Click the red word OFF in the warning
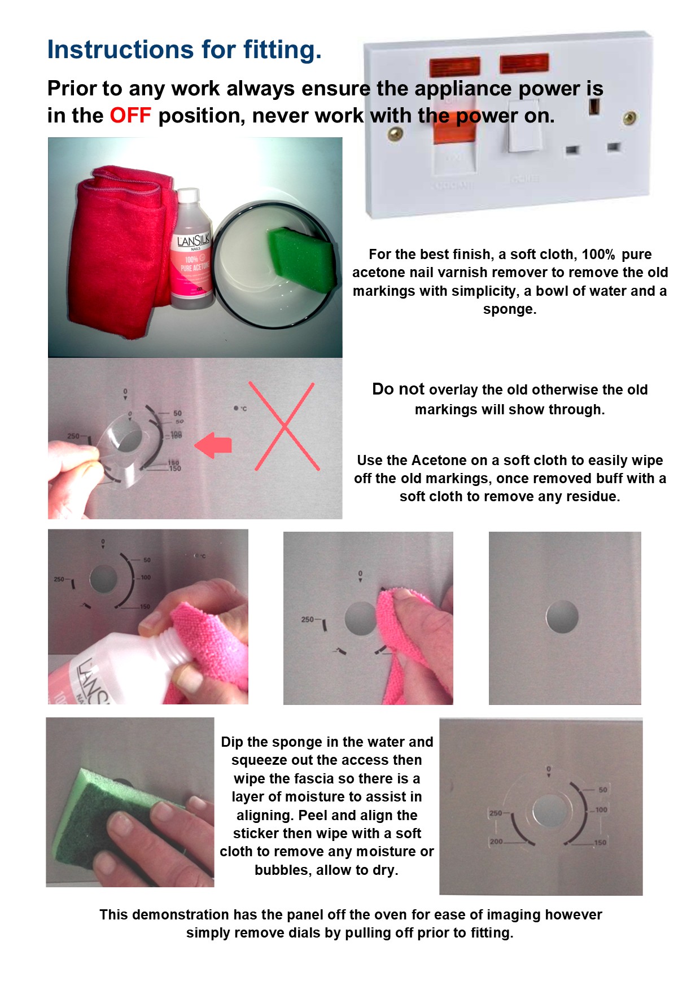(x=130, y=115)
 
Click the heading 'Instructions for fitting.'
(x=185, y=49)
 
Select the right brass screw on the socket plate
(x=629, y=118)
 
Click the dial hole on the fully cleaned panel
(x=562, y=616)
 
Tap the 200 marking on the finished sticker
(x=496, y=842)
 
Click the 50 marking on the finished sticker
(x=603, y=790)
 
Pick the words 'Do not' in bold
(x=398, y=389)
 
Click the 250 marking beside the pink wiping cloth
(x=308, y=619)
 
